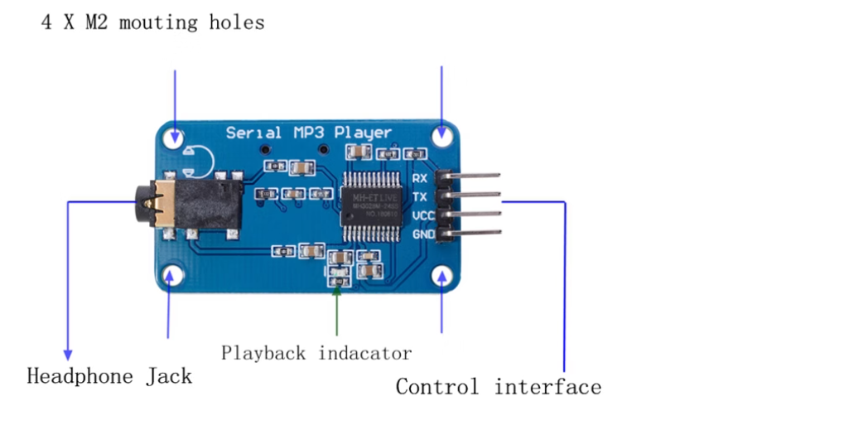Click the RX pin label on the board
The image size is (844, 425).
tap(420, 178)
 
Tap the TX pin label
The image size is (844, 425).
tap(420, 197)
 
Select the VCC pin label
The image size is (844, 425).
tap(422, 216)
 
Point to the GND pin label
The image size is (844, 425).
tap(422, 234)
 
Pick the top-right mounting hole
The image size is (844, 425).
tap(443, 133)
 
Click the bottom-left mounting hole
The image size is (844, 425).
tap(172, 276)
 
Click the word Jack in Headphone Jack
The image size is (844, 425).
tap(169, 376)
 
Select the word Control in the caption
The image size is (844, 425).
tap(437, 386)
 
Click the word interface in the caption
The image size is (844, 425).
tap(547, 386)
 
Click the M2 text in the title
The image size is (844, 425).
tap(99, 22)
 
